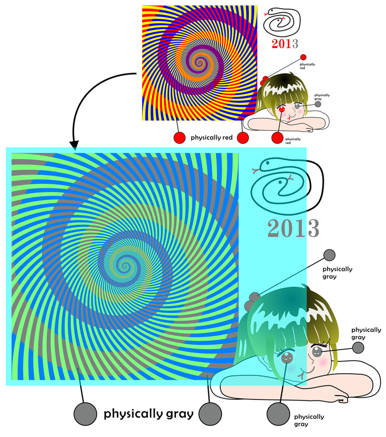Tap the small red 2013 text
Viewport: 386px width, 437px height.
click(285, 44)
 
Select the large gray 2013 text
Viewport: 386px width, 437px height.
click(293, 228)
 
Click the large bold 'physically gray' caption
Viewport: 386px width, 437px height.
click(149, 414)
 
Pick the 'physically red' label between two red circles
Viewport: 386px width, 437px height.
click(212, 137)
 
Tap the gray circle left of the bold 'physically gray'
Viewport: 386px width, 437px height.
click(85, 414)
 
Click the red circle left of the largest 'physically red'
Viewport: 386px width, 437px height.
click(180, 138)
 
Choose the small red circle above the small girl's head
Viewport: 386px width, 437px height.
click(303, 57)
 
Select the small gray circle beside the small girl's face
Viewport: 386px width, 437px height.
click(318, 104)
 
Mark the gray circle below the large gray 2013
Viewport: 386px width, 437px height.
click(329, 255)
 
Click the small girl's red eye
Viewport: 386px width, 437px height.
click(282, 109)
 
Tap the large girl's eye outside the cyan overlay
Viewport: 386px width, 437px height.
click(317, 352)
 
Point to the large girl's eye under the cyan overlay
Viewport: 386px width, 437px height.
click(286, 357)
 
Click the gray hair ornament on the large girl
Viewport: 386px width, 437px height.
click(251, 301)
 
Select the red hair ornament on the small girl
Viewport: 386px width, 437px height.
click(264, 81)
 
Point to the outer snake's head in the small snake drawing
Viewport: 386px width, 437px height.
click(271, 11)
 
